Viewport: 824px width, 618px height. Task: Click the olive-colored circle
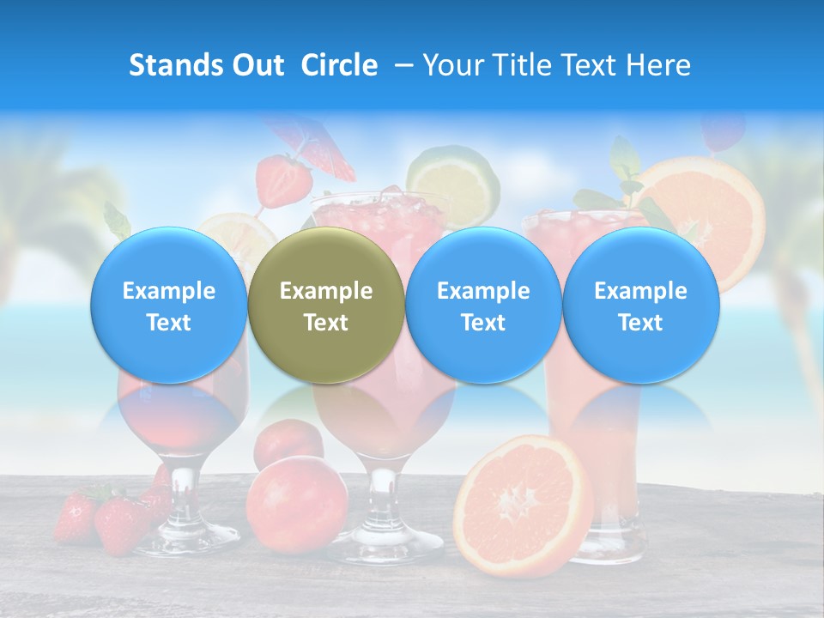click(x=326, y=306)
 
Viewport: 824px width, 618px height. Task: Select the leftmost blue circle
click(x=169, y=306)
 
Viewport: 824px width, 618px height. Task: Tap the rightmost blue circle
click(x=640, y=306)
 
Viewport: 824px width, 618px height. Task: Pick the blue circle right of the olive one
click(x=483, y=306)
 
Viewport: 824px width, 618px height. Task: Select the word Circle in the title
click(x=339, y=65)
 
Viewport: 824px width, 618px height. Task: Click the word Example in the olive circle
click(x=326, y=291)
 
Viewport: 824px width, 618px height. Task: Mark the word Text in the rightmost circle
click(x=640, y=323)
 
